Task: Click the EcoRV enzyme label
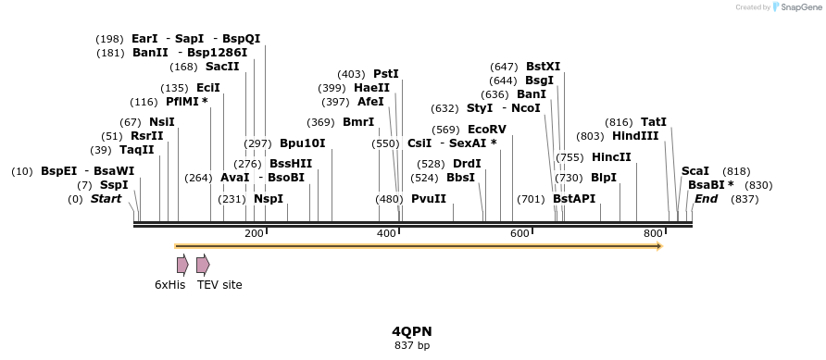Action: pos(487,130)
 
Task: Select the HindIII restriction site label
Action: pos(635,136)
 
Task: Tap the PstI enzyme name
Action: pos(386,74)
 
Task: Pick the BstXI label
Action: pos(543,67)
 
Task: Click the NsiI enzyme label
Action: pos(161,122)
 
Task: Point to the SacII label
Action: pos(222,67)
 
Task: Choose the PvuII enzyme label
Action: pos(429,199)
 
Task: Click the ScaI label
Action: pos(695,171)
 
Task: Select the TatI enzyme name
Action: pos(654,122)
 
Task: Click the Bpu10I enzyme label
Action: pos(303,143)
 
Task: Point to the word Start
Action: pos(106,199)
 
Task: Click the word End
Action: pos(706,199)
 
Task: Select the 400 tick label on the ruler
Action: pos(387,233)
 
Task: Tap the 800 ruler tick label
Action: pos(653,233)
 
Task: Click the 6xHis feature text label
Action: pos(170,285)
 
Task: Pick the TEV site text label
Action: pos(219,285)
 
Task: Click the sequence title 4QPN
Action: pos(412,331)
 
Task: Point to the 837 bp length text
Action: pos(412,346)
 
